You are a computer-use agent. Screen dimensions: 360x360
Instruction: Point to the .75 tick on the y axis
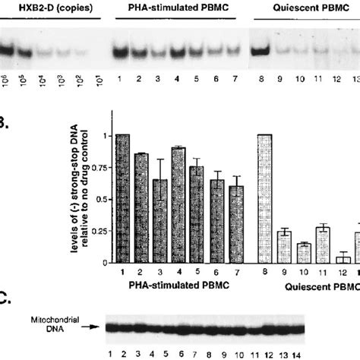point(102,168)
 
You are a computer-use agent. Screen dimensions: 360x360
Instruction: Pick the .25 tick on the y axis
point(102,232)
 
